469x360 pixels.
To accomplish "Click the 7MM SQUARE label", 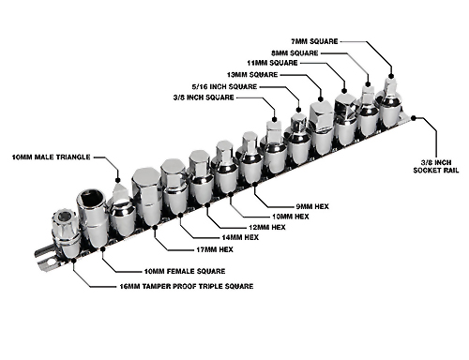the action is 314,41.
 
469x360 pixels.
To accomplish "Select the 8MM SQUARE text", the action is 295,53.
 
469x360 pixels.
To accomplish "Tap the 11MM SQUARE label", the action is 272,63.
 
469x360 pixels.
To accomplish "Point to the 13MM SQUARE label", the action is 252,75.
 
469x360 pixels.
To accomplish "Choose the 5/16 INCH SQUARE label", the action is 224,86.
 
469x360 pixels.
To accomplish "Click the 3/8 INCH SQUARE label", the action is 204,97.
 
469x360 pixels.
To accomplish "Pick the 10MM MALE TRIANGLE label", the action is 52,157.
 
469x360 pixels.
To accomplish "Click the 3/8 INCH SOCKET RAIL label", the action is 436,167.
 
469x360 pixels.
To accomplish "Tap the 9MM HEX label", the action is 312,206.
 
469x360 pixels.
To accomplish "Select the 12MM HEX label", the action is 267,227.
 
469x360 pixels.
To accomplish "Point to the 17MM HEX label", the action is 215,249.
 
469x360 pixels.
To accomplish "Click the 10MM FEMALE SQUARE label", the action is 185,271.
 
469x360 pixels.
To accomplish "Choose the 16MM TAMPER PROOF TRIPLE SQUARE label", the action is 187,286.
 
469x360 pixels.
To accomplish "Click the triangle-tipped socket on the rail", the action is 122,209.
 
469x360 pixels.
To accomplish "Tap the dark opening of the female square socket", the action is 91,198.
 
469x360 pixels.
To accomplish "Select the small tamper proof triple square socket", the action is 66,232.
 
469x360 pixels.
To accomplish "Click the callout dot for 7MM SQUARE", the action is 391,76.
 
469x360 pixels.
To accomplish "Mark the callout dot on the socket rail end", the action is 414,118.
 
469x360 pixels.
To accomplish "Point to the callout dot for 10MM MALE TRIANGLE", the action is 118,180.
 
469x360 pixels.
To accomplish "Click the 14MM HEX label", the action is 240,237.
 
